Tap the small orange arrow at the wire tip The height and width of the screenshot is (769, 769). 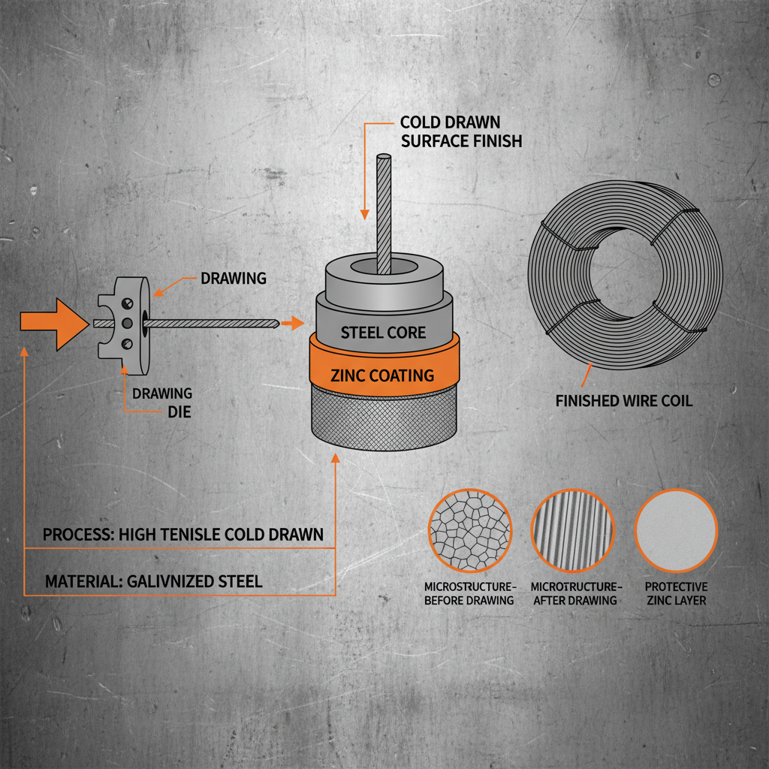[x=294, y=324]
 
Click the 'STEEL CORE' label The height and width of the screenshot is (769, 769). [x=383, y=333]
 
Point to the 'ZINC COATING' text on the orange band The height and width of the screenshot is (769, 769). [x=382, y=375]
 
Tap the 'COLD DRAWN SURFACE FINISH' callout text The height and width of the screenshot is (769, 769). [x=460, y=131]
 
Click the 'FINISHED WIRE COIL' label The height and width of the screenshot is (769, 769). [x=624, y=401]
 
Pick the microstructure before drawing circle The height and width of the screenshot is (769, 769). [x=469, y=530]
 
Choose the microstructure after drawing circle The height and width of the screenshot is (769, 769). [x=573, y=530]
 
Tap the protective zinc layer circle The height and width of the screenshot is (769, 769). [x=677, y=530]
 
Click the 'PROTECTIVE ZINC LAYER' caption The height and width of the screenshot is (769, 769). [x=677, y=593]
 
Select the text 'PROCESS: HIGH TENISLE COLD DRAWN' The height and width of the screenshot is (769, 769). [x=183, y=535]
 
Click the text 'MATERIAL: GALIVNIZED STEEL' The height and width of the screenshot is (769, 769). [x=154, y=581]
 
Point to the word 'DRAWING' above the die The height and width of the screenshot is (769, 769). [x=234, y=279]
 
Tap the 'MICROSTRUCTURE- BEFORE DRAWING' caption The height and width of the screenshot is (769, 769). [x=469, y=593]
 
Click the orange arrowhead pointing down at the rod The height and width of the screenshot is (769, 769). [x=365, y=213]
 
